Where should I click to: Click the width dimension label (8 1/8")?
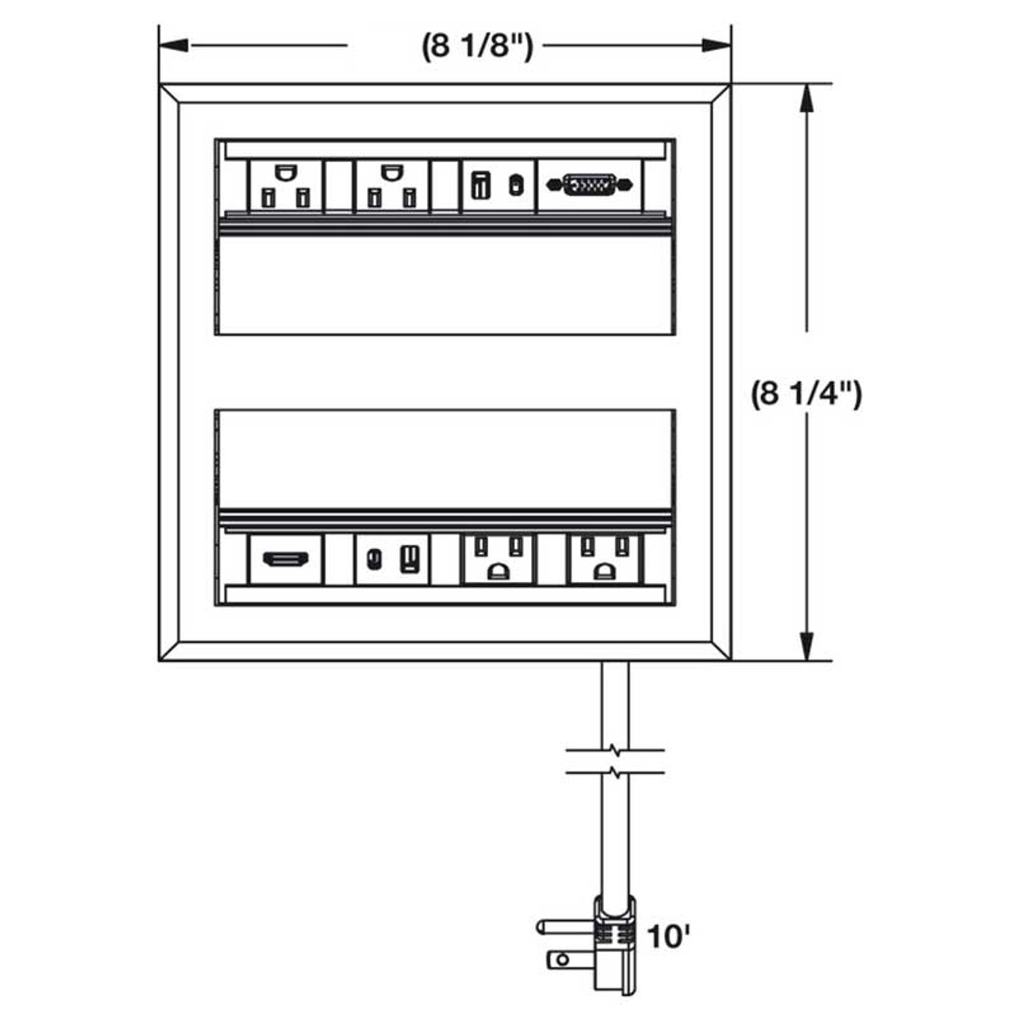[477, 47]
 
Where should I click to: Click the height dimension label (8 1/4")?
[806, 394]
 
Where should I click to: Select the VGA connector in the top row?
[590, 186]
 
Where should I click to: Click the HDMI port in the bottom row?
[286, 560]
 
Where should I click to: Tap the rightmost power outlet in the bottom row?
[604, 559]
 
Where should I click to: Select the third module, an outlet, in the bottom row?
[498, 559]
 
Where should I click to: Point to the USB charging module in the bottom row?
[392, 560]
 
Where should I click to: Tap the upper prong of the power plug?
[564, 926]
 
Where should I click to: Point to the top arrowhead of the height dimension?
[807, 98]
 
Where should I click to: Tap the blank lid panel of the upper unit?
[444, 286]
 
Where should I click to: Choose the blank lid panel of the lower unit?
[444, 459]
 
